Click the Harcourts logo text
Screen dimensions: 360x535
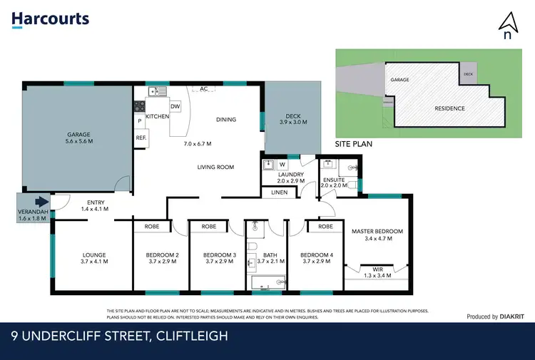click(x=51, y=19)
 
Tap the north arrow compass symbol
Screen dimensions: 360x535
click(x=508, y=27)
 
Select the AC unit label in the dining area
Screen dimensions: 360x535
click(x=204, y=89)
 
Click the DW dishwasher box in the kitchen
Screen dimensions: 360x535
click(x=175, y=106)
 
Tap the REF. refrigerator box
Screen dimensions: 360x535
click(x=141, y=138)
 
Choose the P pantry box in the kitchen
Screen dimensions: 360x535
click(x=140, y=121)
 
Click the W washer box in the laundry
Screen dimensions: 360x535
click(x=282, y=165)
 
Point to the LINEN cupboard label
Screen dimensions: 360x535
click(x=280, y=192)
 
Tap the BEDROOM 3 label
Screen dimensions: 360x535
click(x=219, y=255)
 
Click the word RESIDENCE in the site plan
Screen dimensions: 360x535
click(x=449, y=108)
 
